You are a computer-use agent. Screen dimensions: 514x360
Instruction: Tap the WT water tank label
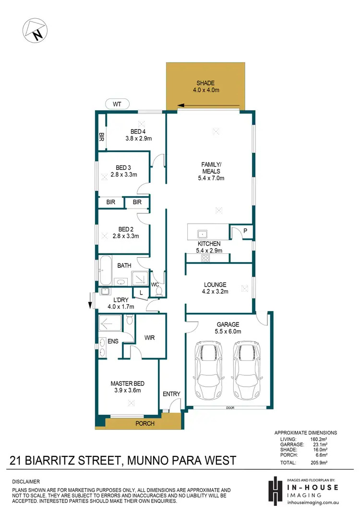point(117,104)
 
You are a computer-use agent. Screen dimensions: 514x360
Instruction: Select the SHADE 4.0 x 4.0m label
point(205,86)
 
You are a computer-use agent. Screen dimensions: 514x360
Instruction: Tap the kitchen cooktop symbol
point(205,258)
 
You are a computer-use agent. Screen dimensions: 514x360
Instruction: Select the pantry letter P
point(245,231)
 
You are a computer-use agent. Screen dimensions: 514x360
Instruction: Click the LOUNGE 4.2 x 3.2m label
point(215,287)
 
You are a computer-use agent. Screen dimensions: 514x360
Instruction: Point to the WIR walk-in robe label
point(150,338)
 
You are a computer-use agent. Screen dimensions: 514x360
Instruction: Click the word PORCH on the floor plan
point(145,423)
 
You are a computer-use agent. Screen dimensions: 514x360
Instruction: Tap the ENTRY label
point(171,394)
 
